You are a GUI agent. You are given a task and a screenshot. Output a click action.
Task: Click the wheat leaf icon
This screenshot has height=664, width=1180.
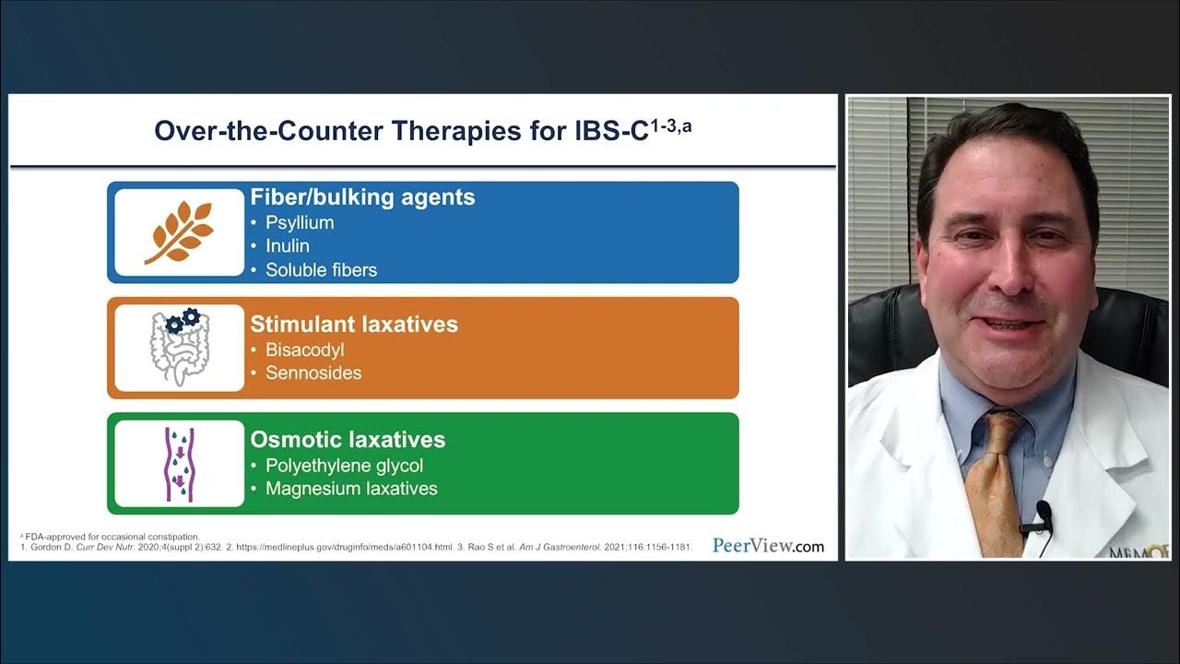[178, 232]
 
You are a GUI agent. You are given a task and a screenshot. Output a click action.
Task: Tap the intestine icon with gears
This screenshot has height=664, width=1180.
[180, 348]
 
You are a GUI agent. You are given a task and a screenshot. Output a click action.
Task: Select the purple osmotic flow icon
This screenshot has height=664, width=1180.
[179, 463]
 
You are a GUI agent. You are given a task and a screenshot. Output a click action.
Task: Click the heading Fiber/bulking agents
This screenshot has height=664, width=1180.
[362, 197]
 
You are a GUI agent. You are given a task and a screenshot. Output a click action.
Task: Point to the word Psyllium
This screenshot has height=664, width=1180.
[300, 223]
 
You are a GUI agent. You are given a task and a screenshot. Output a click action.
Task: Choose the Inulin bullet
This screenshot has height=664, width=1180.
[288, 246]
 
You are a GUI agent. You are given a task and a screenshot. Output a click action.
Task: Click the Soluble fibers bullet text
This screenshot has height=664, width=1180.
[321, 270]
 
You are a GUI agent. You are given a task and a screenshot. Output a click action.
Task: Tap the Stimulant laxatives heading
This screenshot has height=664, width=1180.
[354, 325]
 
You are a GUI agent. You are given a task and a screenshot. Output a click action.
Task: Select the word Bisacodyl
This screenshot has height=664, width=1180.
[304, 350]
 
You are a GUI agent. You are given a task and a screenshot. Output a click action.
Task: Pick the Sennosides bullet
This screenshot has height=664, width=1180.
[313, 373]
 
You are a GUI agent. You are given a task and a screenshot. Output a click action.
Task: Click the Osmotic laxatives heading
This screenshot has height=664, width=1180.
[348, 440]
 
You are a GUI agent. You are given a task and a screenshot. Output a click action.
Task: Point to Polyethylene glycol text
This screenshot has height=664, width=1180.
[344, 466]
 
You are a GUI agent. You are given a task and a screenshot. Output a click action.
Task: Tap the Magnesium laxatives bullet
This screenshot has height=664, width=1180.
[351, 489]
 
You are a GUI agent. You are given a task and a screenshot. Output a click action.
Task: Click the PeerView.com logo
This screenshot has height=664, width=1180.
[768, 545]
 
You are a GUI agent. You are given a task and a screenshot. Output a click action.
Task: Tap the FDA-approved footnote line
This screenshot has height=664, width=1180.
[112, 537]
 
